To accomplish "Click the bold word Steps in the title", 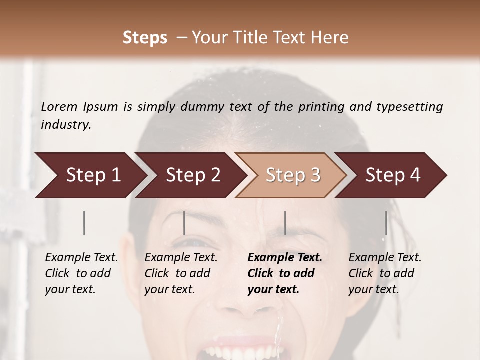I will [x=145, y=38].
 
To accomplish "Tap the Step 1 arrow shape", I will [x=90, y=175].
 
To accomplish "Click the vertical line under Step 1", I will [x=84, y=223].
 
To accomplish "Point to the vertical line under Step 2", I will [x=184, y=223].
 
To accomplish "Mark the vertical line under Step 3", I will [x=285, y=223].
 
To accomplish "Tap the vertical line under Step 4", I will [x=386, y=223].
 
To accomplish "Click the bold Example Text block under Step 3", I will [x=284, y=273].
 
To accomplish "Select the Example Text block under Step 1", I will [x=81, y=273].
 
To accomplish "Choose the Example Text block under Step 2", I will [x=181, y=273].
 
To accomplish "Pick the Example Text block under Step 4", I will [x=385, y=273].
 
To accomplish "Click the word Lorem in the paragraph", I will [x=59, y=107].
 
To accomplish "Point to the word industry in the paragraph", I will [x=65, y=125].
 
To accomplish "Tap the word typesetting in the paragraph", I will [x=409, y=107].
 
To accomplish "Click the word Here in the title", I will [x=329, y=38].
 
